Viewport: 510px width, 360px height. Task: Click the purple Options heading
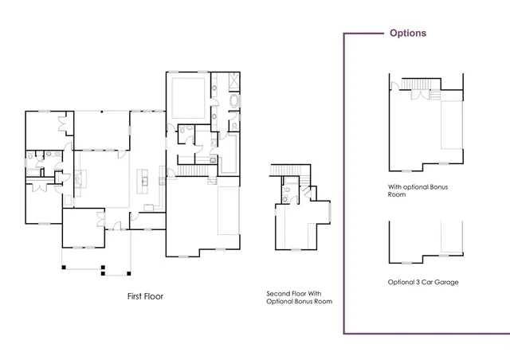407,33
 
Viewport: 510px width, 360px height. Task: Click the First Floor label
145,296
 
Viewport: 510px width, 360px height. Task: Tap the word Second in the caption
278,294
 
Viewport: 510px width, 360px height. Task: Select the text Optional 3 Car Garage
422,282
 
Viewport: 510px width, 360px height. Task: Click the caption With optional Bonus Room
411,190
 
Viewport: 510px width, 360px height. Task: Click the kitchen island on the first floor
145,179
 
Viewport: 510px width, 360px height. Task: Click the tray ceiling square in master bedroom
189,96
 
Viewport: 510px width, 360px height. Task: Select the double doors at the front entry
100,217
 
